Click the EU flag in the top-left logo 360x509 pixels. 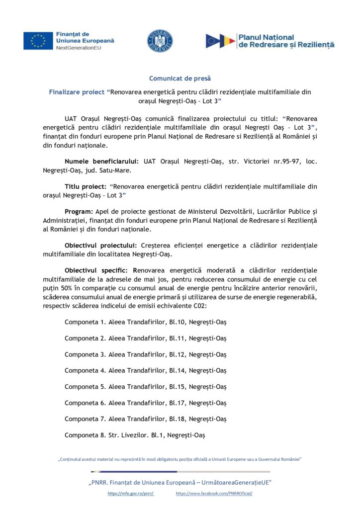tap(38, 41)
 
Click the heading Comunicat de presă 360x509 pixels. tap(180, 79)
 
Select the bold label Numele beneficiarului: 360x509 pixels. tap(102, 162)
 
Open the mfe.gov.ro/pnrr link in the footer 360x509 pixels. tap(131, 494)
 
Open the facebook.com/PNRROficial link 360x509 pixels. tap(214, 494)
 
